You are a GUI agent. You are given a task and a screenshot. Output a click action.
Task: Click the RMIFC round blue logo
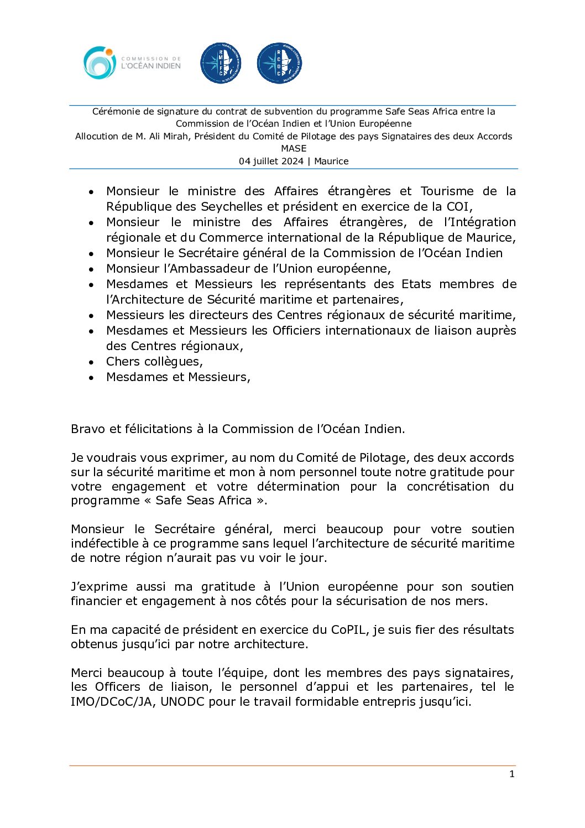coord(221,63)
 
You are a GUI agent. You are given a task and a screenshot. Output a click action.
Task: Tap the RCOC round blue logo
coord(279,63)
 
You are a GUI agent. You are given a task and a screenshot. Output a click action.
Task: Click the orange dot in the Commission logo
coord(109,52)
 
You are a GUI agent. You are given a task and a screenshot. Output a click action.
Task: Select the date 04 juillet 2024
coord(271,161)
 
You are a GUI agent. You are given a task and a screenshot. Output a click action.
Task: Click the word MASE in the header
coord(294,148)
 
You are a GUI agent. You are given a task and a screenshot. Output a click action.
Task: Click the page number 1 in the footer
coord(511,774)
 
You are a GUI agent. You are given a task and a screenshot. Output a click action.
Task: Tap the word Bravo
coord(88,429)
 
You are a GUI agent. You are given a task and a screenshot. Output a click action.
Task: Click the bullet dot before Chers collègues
coord(91,362)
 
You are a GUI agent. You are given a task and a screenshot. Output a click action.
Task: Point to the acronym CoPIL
coord(348,629)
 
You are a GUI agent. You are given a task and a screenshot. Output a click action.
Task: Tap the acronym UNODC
coord(182,701)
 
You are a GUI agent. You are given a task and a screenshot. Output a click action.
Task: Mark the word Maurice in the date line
coord(331,161)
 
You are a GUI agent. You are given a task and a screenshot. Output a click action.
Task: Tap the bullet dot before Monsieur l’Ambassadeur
coord(91,269)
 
